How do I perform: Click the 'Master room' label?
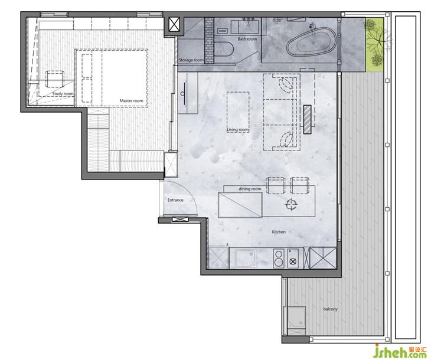click(x=131, y=101)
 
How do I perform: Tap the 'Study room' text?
click(x=63, y=94)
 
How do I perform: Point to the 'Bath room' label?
click(x=247, y=39)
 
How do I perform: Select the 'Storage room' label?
click(x=191, y=60)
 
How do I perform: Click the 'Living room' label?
click(x=239, y=130)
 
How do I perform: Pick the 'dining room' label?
click(x=250, y=189)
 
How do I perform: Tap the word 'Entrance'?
click(x=175, y=200)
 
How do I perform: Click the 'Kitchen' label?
click(x=279, y=232)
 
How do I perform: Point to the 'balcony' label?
click(x=331, y=309)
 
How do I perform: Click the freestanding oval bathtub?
click(x=311, y=41)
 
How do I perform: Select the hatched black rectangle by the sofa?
click(x=307, y=120)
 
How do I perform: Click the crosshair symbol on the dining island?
click(x=291, y=204)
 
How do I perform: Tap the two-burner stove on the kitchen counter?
click(x=279, y=258)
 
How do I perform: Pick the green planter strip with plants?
click(x=374, y=44)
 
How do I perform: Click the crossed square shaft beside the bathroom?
click(x=174, y=24)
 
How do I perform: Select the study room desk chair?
click(x=55, y=79)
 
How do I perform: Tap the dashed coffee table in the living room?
click(x=238, y=112)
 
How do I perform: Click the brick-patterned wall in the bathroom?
click(x=209, y=40)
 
